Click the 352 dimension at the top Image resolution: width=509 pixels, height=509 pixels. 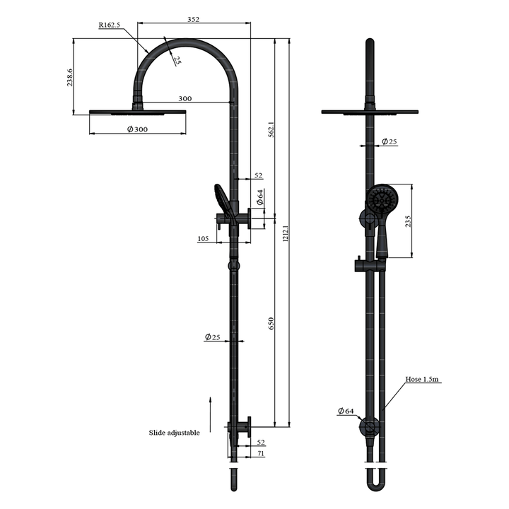(x=193, y=20)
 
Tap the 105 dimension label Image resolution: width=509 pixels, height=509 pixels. (x=203, y=240)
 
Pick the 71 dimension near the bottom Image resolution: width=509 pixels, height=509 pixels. (x=261, y=453)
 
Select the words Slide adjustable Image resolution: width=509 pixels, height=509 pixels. (x=174, y=432)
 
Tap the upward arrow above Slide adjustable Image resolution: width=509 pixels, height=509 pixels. (x=210, y=409)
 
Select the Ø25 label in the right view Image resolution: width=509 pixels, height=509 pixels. (x=390, y=142)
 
